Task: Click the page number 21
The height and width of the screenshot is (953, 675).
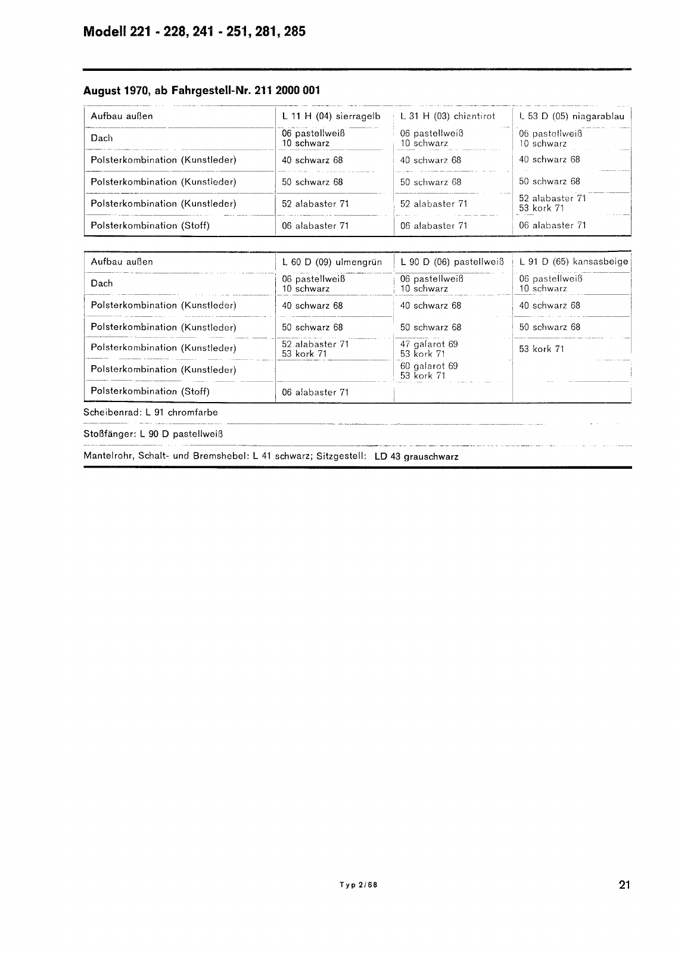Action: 624,885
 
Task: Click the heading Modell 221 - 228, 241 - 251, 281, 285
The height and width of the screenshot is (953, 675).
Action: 194,32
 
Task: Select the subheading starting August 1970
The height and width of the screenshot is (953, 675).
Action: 201,91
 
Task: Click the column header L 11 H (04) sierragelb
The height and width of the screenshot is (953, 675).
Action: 331,116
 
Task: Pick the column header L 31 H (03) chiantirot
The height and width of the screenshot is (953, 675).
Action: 447,116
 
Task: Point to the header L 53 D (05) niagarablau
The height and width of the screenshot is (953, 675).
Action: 571,116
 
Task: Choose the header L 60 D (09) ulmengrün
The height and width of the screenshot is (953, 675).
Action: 332,261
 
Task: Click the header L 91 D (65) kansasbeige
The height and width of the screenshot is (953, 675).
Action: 573,261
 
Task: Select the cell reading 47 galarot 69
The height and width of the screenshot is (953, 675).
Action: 429,344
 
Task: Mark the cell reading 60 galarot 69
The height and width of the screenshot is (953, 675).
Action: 429,366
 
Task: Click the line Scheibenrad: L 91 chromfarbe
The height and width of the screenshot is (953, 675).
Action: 151,412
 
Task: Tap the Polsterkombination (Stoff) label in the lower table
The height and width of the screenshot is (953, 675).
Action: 150,391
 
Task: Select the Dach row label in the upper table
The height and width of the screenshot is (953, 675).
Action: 101,138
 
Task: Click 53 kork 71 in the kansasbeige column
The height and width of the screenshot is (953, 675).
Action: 541,349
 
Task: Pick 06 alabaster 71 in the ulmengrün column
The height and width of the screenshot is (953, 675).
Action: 315,392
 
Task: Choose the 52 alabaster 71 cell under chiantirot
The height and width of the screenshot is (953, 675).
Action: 434,204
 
